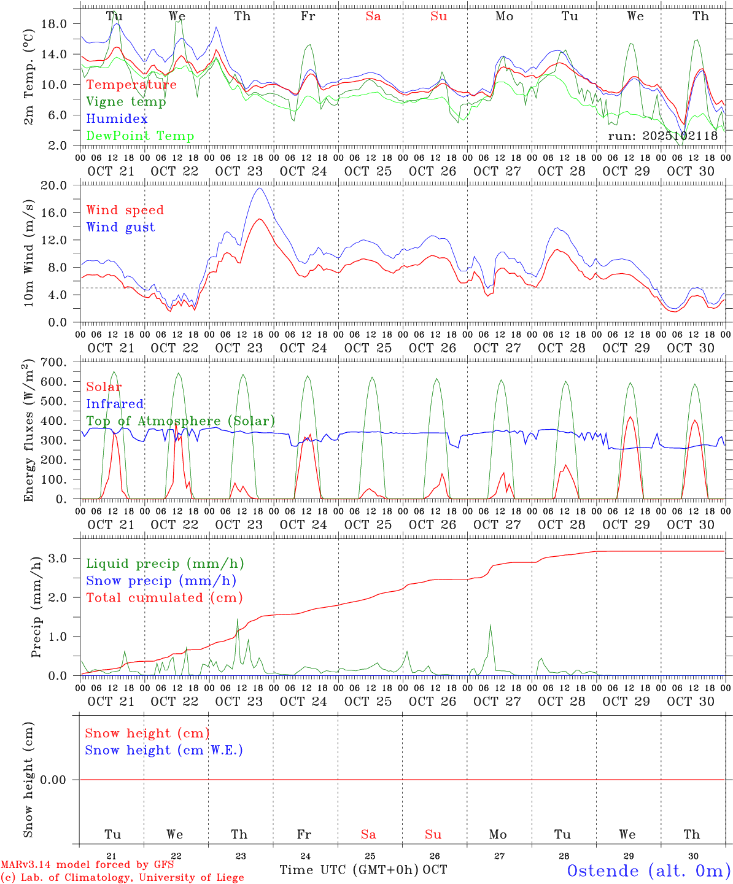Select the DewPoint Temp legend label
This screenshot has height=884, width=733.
pyautogui.click(x=140, y=136)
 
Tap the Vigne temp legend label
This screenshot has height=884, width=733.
pyautogui.click(x=126, y=102)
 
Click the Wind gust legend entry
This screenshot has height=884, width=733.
pyautogui.click(x=120, y=227)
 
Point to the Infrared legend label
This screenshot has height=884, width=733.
pyautogui.click(x=115, y=404)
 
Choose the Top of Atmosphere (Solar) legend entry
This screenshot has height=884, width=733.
pyautogui.click(x=180, y=421)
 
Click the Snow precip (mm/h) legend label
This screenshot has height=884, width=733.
pyautogui.click(x=161, y=581)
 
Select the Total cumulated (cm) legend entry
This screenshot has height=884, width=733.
pyautogui.click(x=164, y=598)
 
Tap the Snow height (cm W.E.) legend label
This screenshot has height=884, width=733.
pyautogui.click(x=164, y=750)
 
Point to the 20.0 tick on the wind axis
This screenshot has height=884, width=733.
pyautogui.click(x=53, y=185)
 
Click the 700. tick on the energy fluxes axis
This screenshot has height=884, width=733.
pyautogui.click(x=53, y=363)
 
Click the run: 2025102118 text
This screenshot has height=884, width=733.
pyautogui.click(x=662, y=136)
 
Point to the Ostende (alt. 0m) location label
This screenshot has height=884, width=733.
pyautogui.click(x=648, y=870)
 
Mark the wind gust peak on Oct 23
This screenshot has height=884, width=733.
pyautogui.click(x=260, y=188)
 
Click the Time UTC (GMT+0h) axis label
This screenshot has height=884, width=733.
pyautogui.click(x=349, y=870)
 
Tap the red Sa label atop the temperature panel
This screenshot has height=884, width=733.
pyautogui.click(x=373, y=17)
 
